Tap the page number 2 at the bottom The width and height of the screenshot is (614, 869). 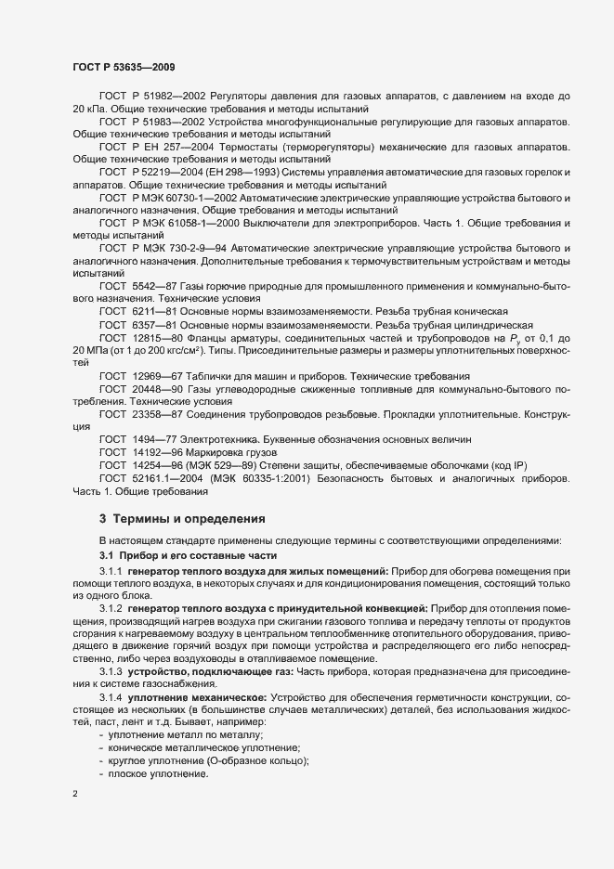click(75, 795)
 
